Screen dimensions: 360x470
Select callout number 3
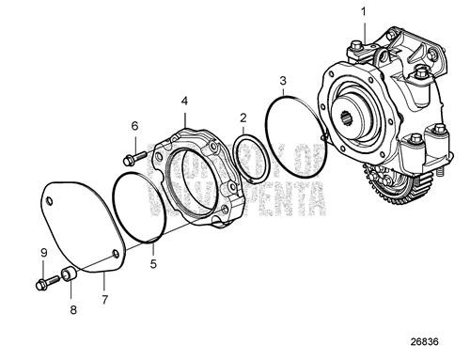[x=282, y=81]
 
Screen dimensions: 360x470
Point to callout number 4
[x=185, y=99]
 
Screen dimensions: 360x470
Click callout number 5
[x=153, y=265]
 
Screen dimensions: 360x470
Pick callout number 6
[x=134, y=125]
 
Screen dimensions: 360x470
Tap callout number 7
[x=104, y=300]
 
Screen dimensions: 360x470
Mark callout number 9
[x=42, y=251]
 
